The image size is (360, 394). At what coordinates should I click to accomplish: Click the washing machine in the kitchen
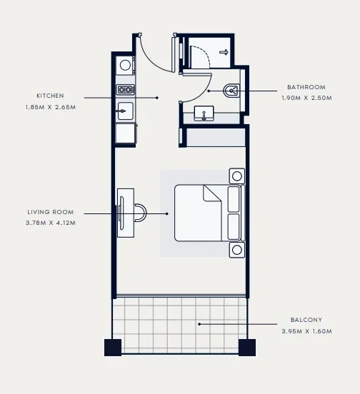[126, 65]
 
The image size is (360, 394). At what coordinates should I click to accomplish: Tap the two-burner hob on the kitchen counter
[126, 89]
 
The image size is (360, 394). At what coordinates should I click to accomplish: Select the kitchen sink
[125, 111]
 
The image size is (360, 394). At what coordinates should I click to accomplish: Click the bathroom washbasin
[205, 113]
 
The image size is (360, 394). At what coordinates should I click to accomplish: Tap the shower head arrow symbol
[224, 52]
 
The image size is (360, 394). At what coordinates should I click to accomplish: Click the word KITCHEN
[51, 96]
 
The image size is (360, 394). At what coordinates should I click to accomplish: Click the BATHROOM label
[306, 88]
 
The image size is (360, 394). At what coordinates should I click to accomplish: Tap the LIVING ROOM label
[49, 212]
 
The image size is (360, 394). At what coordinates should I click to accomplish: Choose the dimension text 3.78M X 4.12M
[51, 223]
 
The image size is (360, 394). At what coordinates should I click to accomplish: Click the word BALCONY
[306, 320]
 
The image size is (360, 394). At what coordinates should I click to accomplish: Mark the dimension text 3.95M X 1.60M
[306, 332]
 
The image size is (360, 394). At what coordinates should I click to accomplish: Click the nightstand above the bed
[236, 175]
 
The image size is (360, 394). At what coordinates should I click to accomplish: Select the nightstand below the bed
[236, 250]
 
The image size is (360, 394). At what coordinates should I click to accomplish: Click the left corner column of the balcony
[113, 348]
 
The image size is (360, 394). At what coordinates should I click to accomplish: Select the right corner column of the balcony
[247, 348]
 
